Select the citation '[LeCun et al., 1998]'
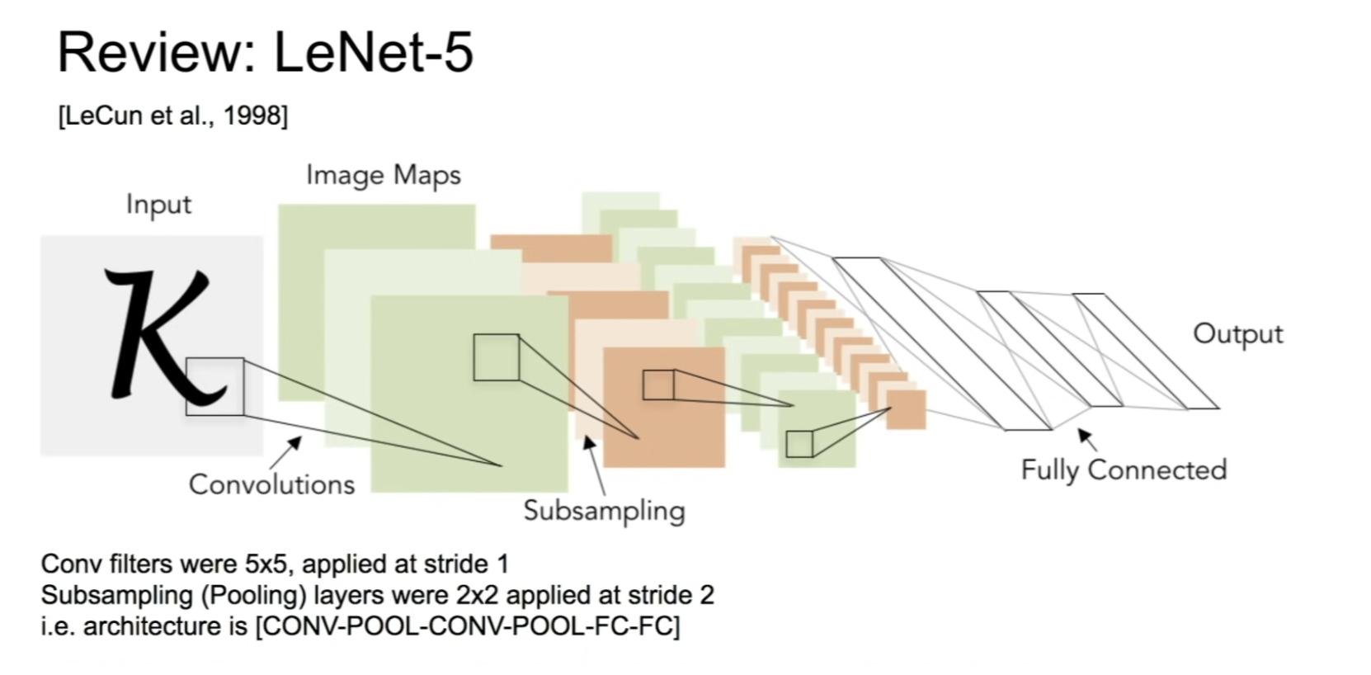173,116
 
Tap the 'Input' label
158,204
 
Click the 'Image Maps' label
383,175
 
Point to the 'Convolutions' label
271,484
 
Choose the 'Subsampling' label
604,511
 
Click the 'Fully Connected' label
1124,470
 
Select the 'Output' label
1237,333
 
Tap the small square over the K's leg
214,386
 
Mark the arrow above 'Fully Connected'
1087,438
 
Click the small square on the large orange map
658,385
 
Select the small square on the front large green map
496,357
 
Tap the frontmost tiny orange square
906,409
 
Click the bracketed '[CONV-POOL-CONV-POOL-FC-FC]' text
468,626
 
